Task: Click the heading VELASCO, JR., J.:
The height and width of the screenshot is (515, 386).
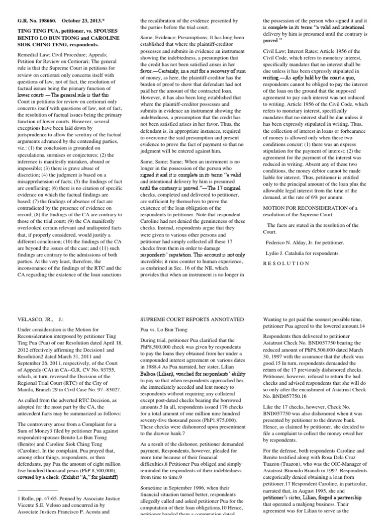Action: [x=35, y=318]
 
